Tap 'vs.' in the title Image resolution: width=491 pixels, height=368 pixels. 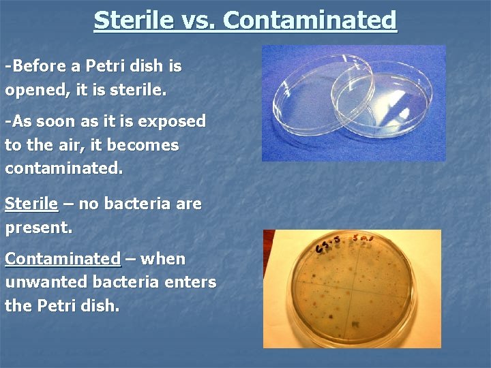197,20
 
